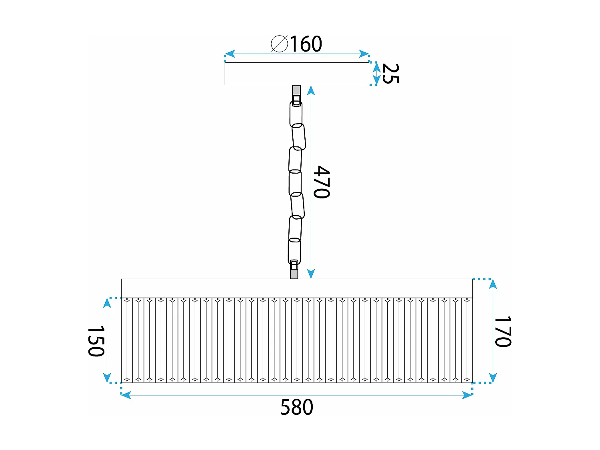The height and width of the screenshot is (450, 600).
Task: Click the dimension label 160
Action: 306,44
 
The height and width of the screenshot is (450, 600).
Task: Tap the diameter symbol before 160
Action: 279,44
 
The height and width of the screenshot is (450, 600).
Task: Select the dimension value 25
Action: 390,74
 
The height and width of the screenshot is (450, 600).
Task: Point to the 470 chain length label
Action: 322,182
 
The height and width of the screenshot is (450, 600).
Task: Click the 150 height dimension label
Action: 96,341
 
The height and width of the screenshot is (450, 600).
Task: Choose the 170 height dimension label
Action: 503,332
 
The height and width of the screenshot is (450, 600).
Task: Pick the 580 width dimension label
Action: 296,408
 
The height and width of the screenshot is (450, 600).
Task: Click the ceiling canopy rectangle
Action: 296,74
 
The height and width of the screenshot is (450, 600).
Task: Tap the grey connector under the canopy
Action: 296,90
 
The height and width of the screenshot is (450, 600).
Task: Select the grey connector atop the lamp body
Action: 294,274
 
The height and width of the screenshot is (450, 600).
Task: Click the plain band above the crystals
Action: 296,288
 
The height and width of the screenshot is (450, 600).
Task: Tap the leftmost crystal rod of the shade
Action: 126,340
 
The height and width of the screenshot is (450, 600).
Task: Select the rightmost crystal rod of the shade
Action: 467,340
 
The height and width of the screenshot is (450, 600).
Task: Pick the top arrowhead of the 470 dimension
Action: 311,90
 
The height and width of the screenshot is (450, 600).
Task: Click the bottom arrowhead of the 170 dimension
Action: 493,378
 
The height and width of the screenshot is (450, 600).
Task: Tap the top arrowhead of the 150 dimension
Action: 107,303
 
